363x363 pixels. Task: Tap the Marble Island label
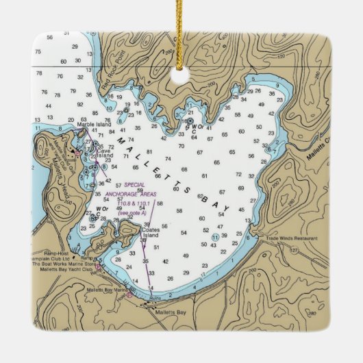click(x=95, y=124)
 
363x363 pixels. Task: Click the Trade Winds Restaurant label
click(x=296, y=238)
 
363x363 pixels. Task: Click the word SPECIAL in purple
click(x=135, y=186)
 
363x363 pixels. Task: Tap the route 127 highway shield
click(x=294, y=249)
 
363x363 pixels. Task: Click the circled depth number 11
click(x=215, y=237)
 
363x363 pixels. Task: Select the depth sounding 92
click(x=80, y=105)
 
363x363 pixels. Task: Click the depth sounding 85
click(x=96, y=113)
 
